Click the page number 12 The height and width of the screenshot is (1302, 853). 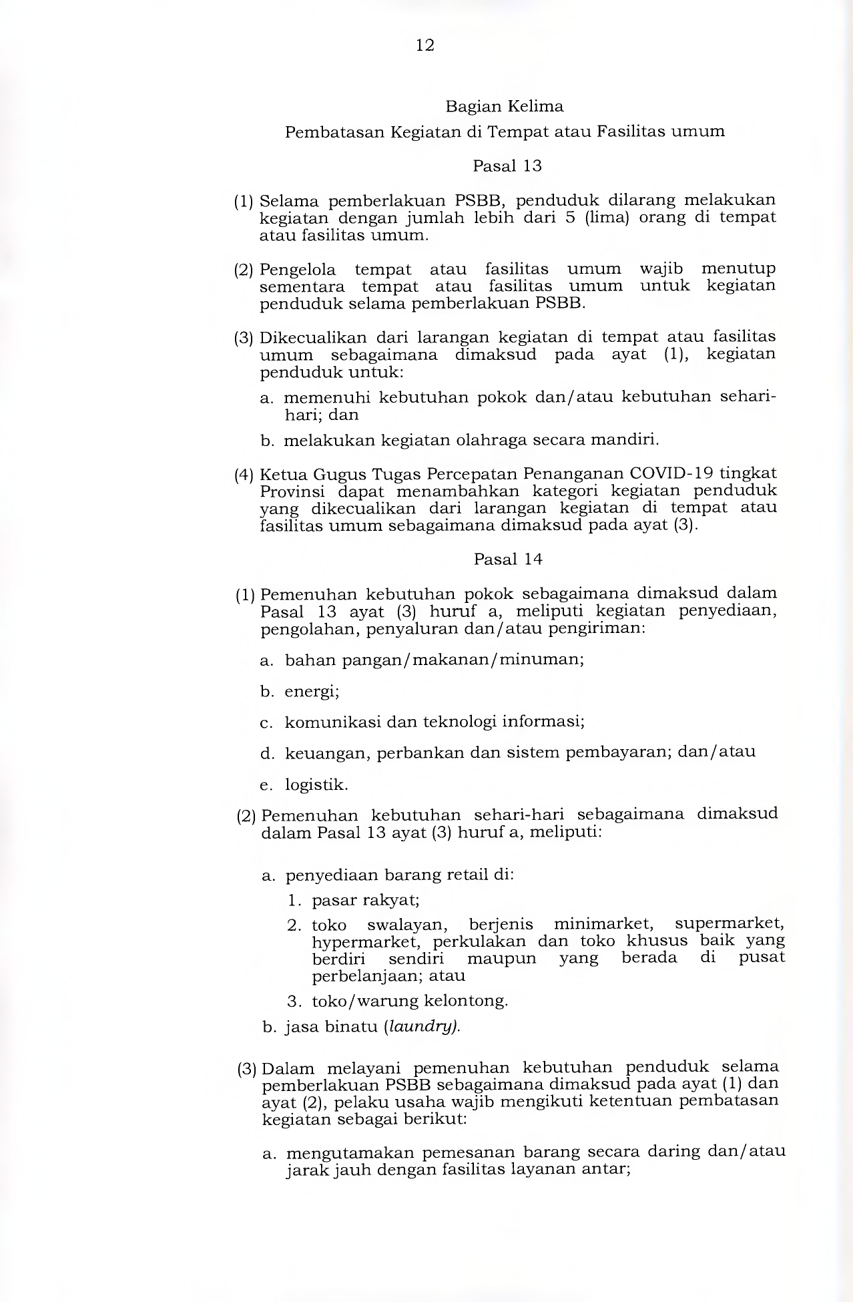point(425,45)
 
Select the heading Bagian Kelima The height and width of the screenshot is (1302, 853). point(505,106)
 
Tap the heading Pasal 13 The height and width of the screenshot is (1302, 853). point(507,166)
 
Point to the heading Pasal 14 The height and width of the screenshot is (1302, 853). point(508,559)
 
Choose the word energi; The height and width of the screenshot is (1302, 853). point(312,691)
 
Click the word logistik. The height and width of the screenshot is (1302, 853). point(316,785)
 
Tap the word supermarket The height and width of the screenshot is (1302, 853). point(730,924)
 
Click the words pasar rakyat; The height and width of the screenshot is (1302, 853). point(366,900)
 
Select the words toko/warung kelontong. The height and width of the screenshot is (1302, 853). point(410,1001)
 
